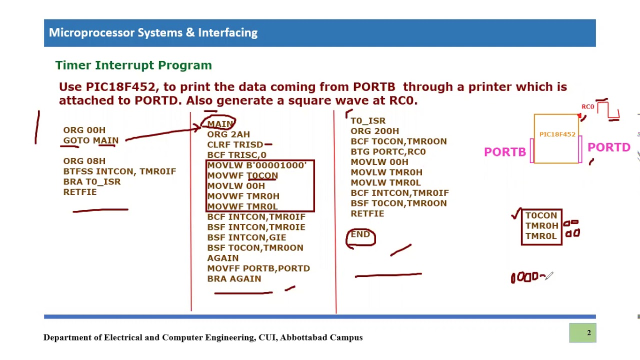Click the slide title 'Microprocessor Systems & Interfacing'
click(153, 33)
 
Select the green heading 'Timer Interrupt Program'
click(133, 65)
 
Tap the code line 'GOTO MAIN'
click(90, 140)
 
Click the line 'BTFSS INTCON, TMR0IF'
click(119, 171)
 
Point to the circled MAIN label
click(220, 124)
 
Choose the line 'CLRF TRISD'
click(235, 144)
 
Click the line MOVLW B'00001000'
click(256, 165)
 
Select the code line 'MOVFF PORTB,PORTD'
click(258, 268)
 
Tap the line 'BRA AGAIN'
click(234, 279)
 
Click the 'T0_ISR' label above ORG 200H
click(368, 121)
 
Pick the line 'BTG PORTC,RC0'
click(388, 151)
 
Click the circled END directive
click(360, 234)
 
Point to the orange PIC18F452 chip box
click(556, 138)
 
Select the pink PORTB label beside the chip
click(505, 152)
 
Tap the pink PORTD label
click(608, 147)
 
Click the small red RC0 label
click(587, 106)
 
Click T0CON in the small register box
click(541, 215)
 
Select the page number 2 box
click(582, 333)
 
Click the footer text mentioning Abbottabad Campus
click(203, 337)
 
